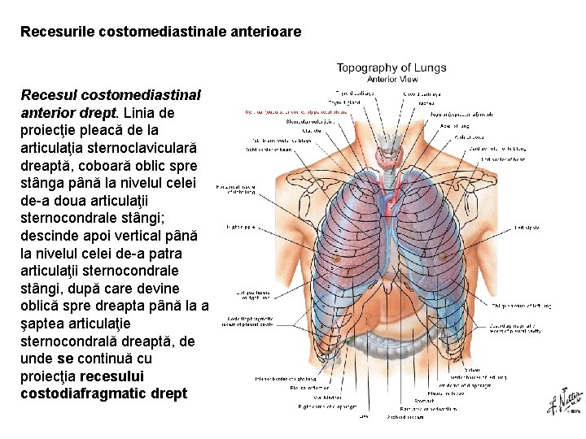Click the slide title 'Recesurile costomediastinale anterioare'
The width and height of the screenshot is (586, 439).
(x=160, y=33)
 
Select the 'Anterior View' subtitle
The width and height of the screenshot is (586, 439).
(x=392, y=80)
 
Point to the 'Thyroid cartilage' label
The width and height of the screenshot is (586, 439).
(x=356, y=94)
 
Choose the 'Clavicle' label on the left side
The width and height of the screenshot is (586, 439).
(x=288, y=130)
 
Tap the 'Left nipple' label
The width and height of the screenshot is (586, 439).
(x=527, y=228)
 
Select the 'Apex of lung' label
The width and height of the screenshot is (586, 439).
(x=454, y=127)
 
